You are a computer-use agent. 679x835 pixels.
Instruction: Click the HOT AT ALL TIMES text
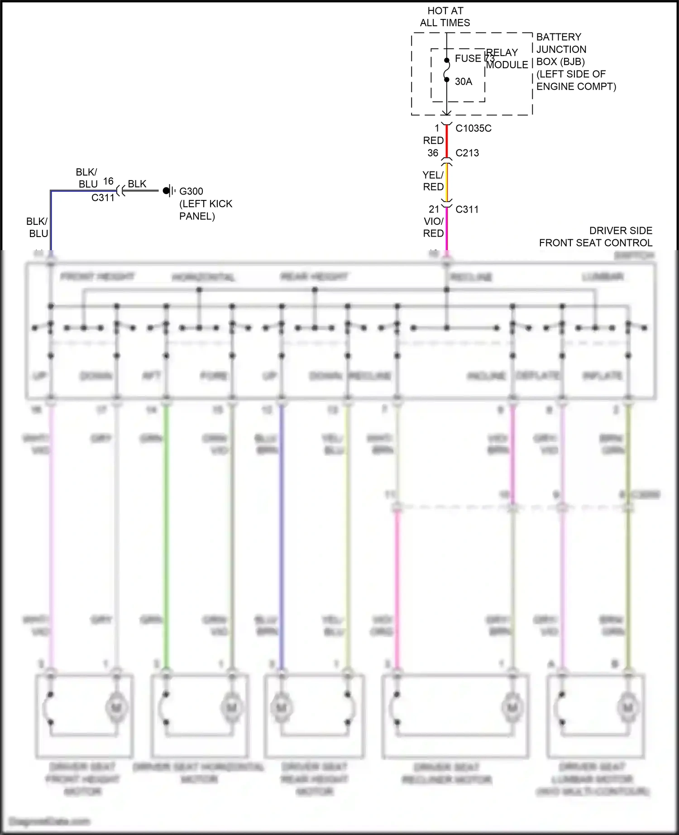[x=445, y=17]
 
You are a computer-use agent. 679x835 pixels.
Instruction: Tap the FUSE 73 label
[x=474, y=58]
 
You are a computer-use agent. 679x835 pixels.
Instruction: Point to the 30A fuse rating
[x=463, y=81]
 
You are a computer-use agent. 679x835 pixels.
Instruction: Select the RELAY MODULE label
[x=507, y=59]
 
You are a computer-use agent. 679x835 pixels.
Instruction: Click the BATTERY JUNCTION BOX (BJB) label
[x=561, y=49]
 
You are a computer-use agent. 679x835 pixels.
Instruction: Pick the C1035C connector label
[x=473, y=128]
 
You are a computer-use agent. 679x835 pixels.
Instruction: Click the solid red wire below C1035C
[x=447, y=141]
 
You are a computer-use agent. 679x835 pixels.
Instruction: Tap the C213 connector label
[x=467, y=153]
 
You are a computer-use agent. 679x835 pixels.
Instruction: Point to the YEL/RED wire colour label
[x=433, y=180]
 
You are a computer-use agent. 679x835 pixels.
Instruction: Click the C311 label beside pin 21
[x=467, y=209]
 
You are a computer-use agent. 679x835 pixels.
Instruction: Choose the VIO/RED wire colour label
[x=433, y=227]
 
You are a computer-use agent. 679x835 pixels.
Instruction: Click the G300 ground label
[x=191, y=191]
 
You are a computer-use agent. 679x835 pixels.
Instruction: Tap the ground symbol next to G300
[x=168, y=191]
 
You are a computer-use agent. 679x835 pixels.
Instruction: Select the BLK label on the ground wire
[x=137, y=184]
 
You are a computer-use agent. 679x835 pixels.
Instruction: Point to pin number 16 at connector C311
[x=108, y=181]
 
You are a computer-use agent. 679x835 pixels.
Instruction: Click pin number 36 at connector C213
[x=433, y=153]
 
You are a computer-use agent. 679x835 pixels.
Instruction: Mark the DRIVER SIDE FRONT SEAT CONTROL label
[x=596, y=237]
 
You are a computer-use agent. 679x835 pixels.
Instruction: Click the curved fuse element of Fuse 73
[x=447, y=70]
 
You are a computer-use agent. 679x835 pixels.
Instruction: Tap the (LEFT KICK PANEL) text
[x=206, y=210]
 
